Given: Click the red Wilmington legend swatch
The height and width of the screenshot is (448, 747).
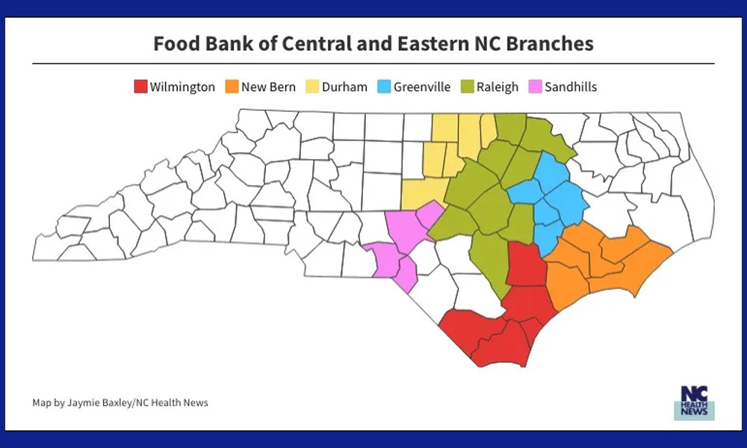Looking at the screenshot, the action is coord(140,87).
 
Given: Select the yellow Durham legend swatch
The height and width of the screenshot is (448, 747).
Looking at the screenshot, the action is coord(311,87).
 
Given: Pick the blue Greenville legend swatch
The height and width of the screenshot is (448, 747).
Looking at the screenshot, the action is coord(385,87).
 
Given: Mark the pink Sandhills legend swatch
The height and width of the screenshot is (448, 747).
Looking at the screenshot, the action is coord(535,87).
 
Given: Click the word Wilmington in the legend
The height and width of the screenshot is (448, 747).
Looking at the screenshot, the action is coord(182,87).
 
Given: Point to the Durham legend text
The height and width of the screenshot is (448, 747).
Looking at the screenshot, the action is coord(344,87).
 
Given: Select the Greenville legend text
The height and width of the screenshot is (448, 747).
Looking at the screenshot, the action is coord(422,87).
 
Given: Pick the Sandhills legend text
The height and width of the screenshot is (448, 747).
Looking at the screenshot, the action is coord(571,87).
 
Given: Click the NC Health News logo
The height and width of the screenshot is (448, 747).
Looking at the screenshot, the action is coord(694,403).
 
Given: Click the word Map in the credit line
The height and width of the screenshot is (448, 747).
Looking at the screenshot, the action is coord(41,403).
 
